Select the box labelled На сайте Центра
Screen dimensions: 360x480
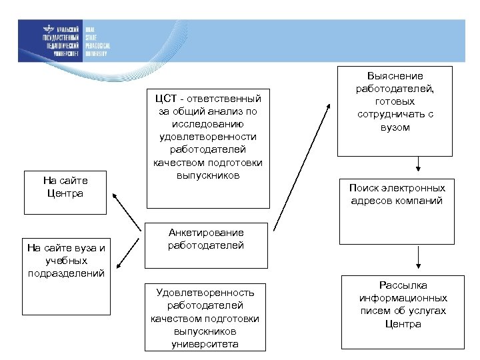pos(65,187)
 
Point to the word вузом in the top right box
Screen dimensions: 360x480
pos(395,127)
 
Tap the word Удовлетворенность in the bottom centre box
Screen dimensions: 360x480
pos(205,293)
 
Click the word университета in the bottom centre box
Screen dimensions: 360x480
pos(205,343)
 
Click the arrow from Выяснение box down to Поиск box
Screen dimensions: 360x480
pos(418,164)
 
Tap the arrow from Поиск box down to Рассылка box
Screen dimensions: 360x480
pos(418,258)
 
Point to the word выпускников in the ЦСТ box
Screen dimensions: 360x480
pos(207,175)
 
